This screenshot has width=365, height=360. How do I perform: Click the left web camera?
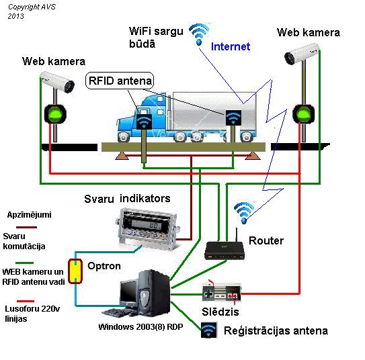(x=57, y=82)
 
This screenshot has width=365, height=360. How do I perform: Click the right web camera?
(x=302, y=54)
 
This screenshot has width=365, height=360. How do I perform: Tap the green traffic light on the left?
(x=55, y=114)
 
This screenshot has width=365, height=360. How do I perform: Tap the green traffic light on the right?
(x=304, y=114)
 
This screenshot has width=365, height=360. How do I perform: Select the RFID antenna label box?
(x=120, y=81)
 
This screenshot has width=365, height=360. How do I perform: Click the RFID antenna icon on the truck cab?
(x=144, y=122)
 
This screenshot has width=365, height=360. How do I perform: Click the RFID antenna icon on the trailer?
(x=233, y=118)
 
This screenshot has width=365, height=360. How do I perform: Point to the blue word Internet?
(x=231, y=46)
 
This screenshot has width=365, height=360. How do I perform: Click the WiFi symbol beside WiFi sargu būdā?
(x=198, y=34)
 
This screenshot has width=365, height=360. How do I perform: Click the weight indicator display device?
(x=148, y=228)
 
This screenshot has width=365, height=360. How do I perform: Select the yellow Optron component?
(x=75, y=271)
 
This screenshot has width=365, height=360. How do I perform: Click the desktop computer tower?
(x=155, y=293)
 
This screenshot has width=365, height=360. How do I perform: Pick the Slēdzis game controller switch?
(x=221, y=292)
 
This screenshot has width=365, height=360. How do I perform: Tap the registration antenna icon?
(x=209, y=330)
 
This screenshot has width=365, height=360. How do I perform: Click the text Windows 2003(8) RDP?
(x=140, y=326)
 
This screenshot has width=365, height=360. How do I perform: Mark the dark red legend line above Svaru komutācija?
(x=26, y=227)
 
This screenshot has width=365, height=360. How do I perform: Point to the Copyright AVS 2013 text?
(x=32, y=11)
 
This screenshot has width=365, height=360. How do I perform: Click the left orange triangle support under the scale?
(x=122, y=156)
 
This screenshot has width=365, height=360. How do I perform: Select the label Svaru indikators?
(x=127, y=199)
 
